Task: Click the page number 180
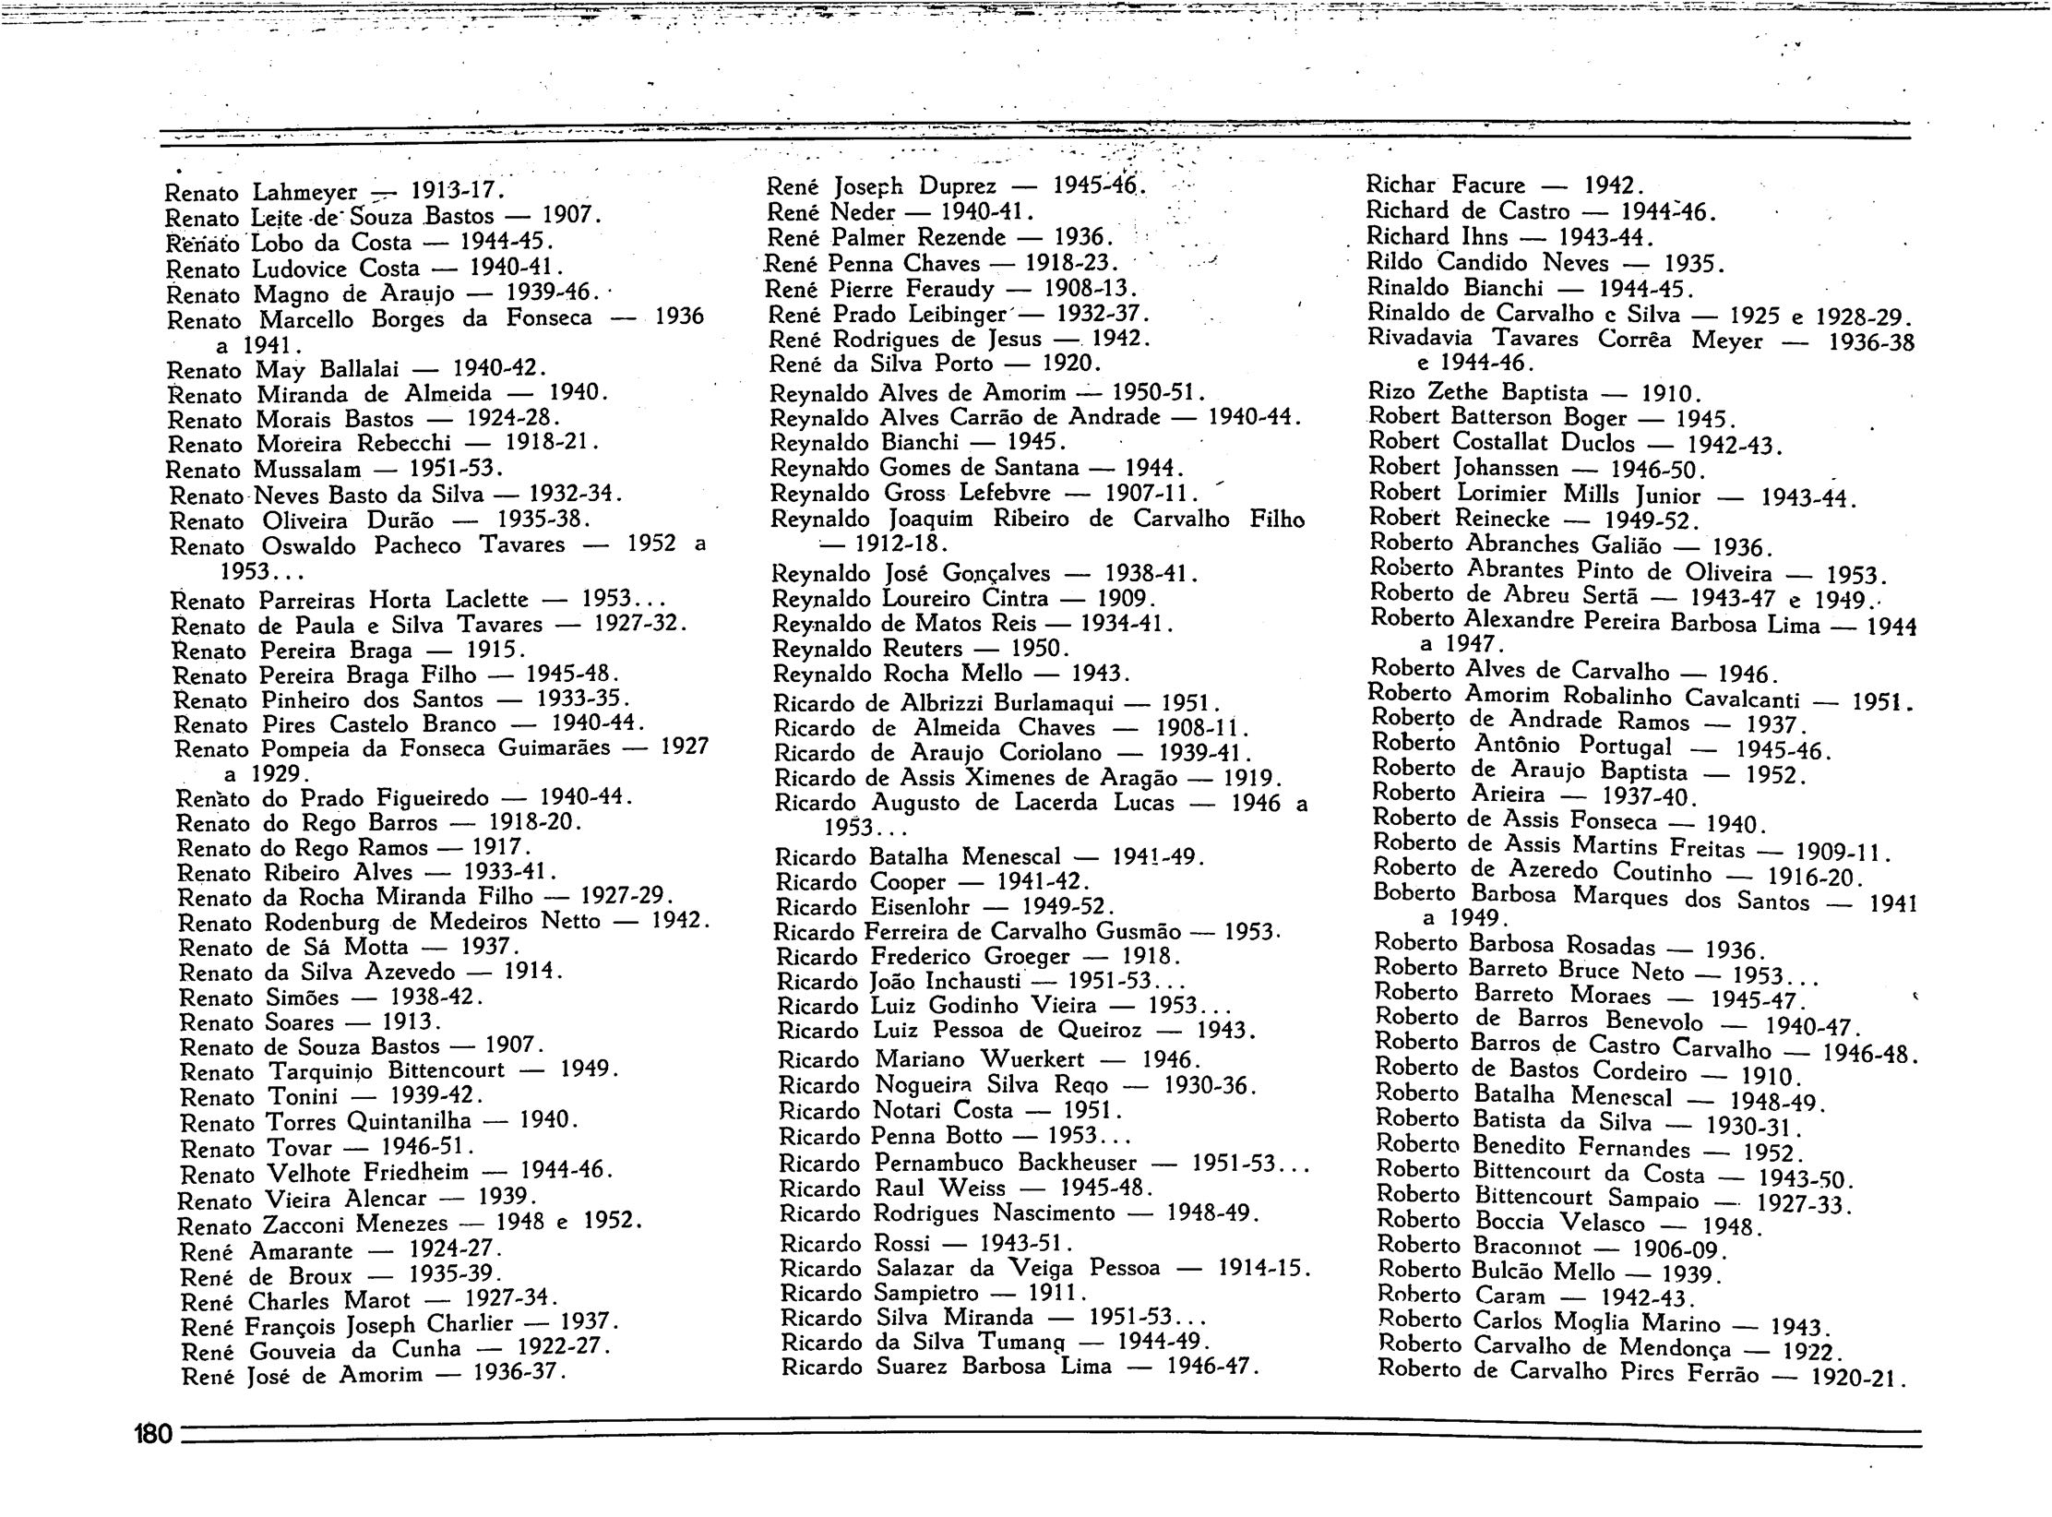tap(152, 1434)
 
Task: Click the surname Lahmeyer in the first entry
tap(304, 193)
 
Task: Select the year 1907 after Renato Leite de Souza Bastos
tap(571, 217)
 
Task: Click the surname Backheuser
tap(1078, 1162)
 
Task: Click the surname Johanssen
tap(1505, 468)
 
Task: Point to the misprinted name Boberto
tap(1414, 892)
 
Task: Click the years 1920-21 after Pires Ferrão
tap(1858, 1379)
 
